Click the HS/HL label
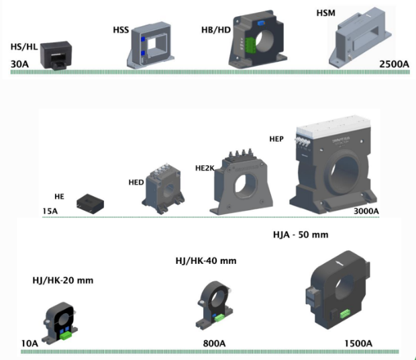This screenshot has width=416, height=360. [x=25, y=48]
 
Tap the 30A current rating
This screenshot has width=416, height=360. [x=19, y=64]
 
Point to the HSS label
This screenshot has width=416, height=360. [x=121, y=30]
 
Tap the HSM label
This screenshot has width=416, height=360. [x=325, y=13]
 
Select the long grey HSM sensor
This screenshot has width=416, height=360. [x=363, y=36]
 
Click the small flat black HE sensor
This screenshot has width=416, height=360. [x=89, y=202]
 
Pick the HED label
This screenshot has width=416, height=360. [x=136, y=182]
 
